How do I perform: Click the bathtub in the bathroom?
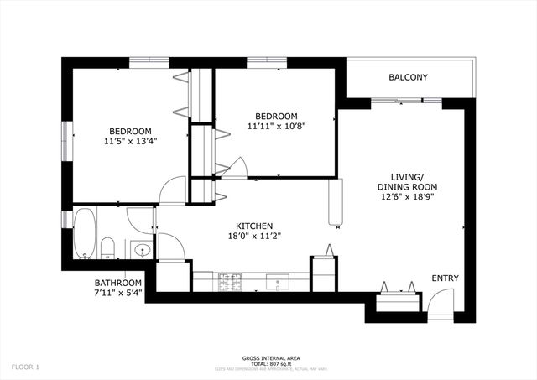tap(85, 233)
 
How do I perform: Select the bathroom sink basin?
tap(140, 249)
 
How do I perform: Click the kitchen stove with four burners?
tap(228, 282)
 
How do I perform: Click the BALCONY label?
tap(408, 78)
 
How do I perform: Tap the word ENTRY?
tap(445, 278)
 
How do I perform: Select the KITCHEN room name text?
tap(253, 226)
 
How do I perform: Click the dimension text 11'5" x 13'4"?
tap(129, 142)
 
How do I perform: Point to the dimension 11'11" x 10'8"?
tap(276, 127)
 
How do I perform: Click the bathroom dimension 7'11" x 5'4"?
tap(118, 294)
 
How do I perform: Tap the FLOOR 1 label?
tap(25, 367)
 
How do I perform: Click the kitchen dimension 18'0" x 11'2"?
tap(253, 237)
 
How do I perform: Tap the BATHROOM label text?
tap(118, 283)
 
